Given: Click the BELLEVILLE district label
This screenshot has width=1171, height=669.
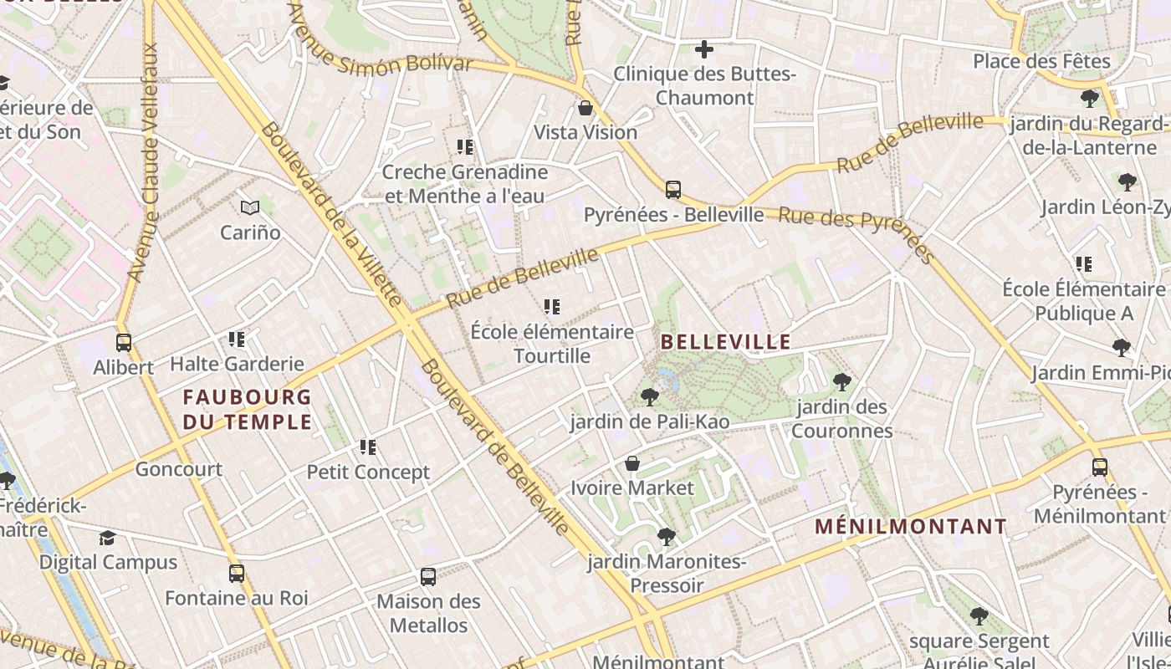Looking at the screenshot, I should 725,341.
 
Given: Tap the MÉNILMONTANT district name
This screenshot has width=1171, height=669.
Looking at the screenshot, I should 911,526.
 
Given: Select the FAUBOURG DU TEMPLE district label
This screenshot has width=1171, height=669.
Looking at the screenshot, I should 247,409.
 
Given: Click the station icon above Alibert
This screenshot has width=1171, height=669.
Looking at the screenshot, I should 124,343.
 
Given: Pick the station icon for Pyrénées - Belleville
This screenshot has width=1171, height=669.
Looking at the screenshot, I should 673,190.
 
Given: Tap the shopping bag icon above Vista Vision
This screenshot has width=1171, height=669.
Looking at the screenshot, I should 585,108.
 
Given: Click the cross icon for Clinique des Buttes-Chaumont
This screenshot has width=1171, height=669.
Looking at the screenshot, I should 704,49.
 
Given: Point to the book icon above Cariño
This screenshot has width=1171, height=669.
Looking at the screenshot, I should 249,207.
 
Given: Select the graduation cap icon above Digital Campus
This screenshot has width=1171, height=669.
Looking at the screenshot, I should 108,538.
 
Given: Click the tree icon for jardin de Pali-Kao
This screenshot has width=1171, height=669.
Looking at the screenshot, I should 649,397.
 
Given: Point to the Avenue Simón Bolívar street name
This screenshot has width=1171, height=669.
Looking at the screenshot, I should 380,53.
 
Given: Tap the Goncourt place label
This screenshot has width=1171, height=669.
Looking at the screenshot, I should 179,469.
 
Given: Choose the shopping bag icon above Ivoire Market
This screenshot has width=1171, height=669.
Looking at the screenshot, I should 632,463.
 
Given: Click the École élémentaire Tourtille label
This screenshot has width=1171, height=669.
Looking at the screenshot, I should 552,344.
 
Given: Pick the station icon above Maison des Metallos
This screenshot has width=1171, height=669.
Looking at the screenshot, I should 428,576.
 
